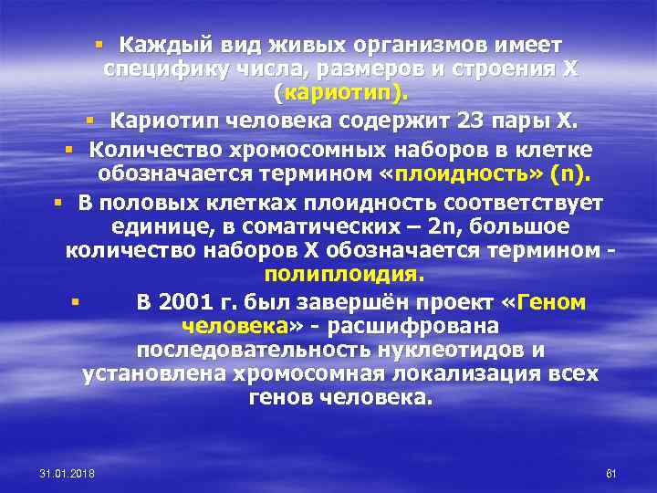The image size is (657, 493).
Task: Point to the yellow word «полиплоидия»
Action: pos(344,274)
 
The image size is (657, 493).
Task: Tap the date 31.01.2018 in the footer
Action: pos(74,473)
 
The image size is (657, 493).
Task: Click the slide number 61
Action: pos(611,473)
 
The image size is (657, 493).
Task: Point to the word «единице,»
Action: pos(150,225)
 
